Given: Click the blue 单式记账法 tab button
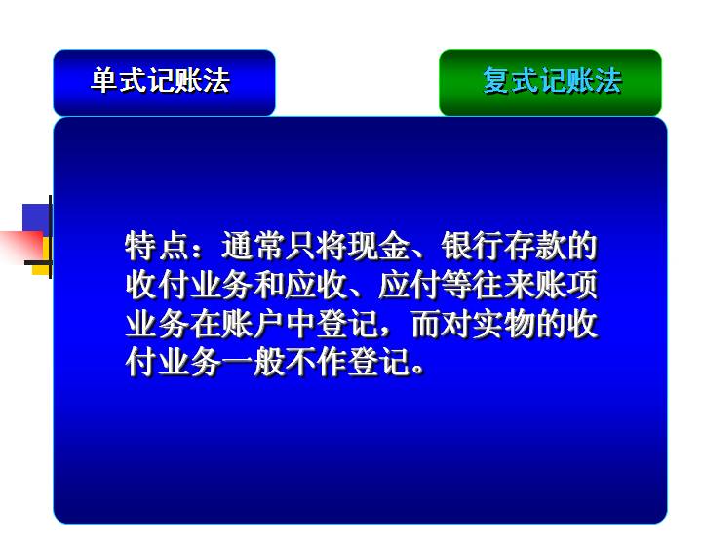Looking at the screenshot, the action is (164, 83).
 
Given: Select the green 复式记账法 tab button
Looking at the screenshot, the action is (550, 83).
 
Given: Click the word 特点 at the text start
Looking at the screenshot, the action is (157, 246).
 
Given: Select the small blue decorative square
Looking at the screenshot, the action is (36, 218).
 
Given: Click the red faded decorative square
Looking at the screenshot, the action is (21, 246).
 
